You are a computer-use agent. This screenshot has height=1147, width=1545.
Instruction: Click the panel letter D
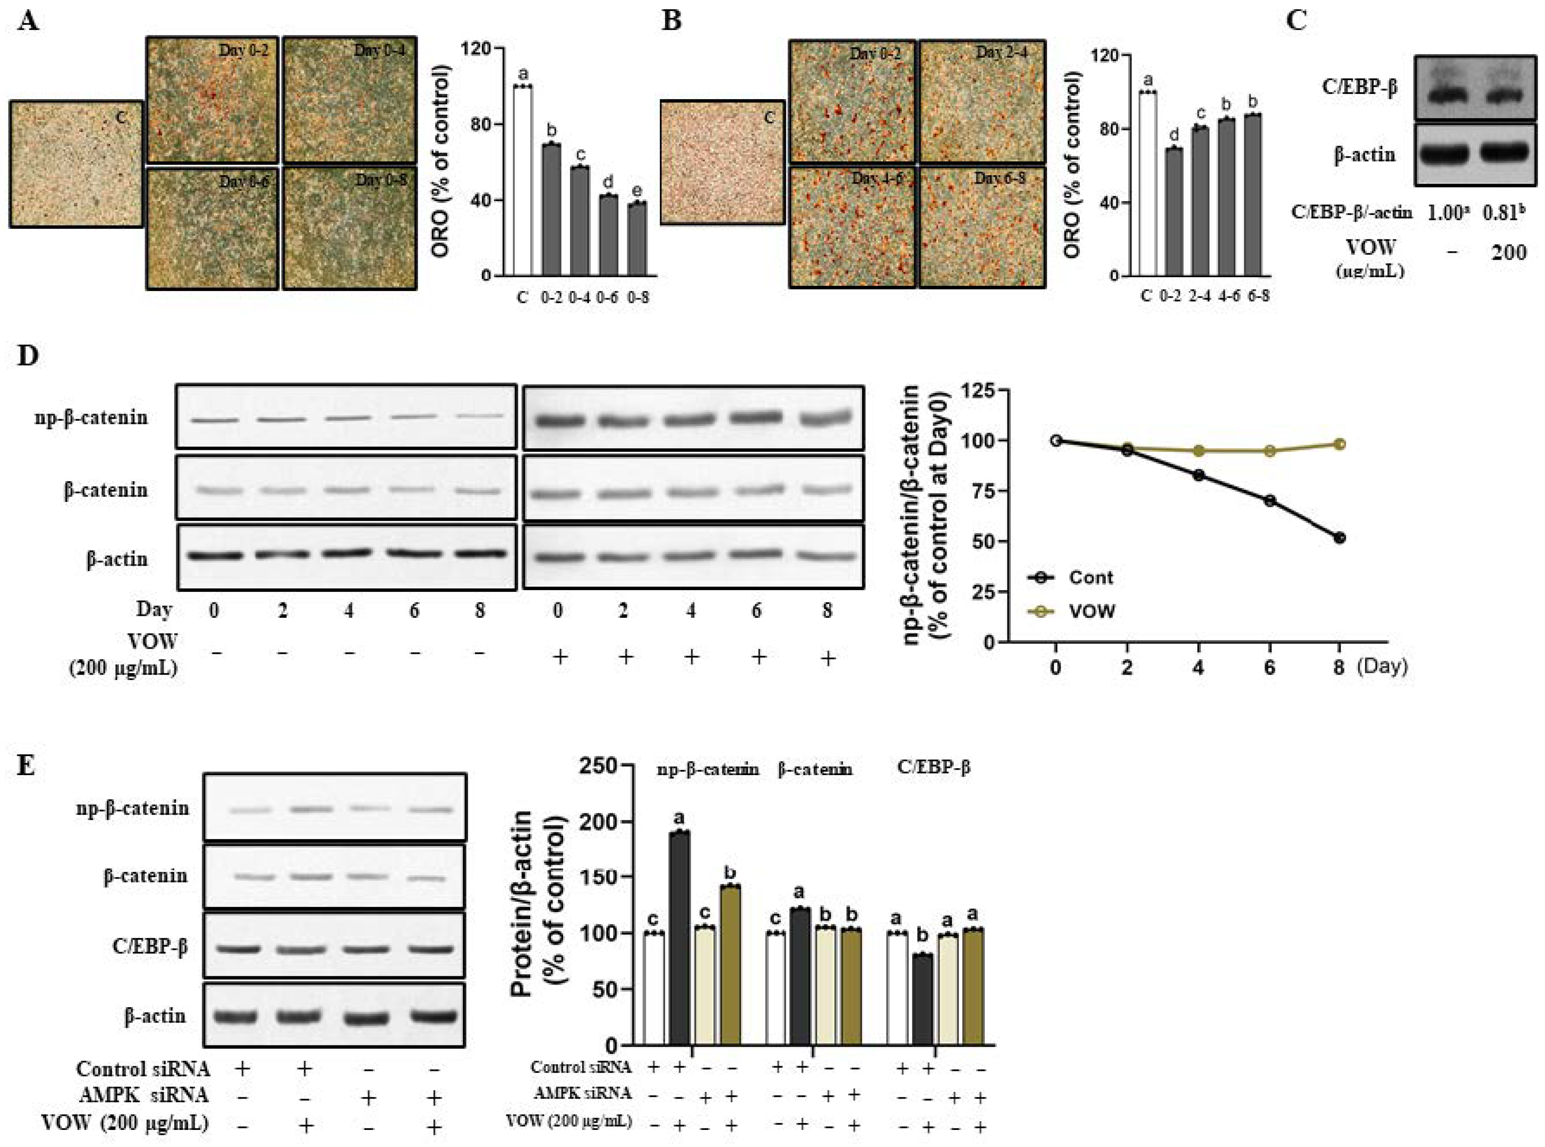[28, 356]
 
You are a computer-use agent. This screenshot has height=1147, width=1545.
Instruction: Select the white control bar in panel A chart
[522, 180]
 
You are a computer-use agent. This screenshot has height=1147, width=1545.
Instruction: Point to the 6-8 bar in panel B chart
[1252, 194]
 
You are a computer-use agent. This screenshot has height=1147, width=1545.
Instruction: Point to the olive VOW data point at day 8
[1339, 444]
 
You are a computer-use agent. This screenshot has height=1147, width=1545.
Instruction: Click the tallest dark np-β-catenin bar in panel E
[680, 937]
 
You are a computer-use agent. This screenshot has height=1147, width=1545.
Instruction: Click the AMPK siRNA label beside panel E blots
[144, 1095]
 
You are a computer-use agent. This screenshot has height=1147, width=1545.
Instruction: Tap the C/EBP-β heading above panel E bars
[934, 767]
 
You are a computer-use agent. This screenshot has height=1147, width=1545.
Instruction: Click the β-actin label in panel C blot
[1364, 154]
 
